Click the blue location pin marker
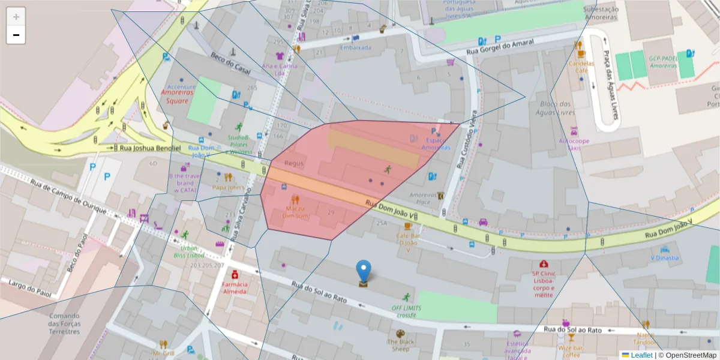pyautogui.click(x=363, y=271)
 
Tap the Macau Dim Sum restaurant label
pyautogui.click(x=294, y=211)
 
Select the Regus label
pyautogui.click(x=294, y=163)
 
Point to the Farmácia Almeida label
pyautogui.click(x=235, y=287)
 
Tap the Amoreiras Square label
pyautogui.click(x=179, y=97)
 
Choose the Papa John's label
pyautogui.click(x=228, y=187)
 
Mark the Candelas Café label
pyautogui.click(x=581, y=66)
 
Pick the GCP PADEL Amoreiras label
pyautogui.click(x=662, y=62)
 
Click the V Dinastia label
pyautogui.click(x=665, y=258)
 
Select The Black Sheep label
pyautogui.click(x=400, y=344)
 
